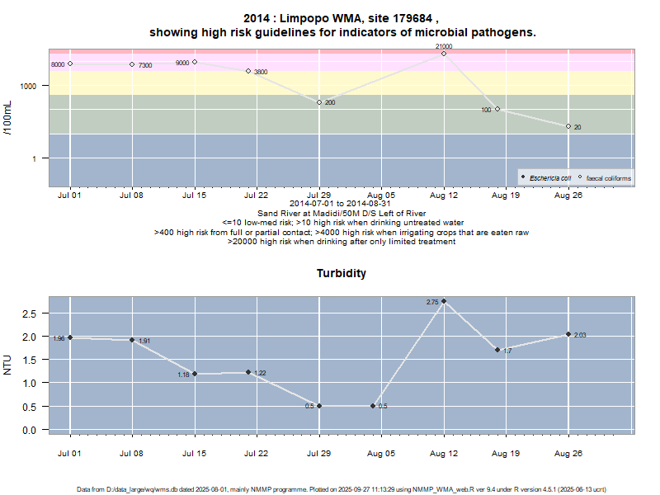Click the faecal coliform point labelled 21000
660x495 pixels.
pyautogui.click(x=444, y=54)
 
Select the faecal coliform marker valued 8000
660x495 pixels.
pyautogui.click(x=70, y=64)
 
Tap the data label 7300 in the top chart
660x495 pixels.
pyautogui.click(x=145, y=65)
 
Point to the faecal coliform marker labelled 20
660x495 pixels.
pyautogui.click(x=568, y=126)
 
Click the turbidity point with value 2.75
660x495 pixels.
pyautogui.click(x=444, y=301)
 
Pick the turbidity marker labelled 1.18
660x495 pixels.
pyautogui.click(x=195, y=374)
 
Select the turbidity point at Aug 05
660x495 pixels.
pyautogui.click(x=373, y=406)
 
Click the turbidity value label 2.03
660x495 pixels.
pyautogui.click(x=580, y=335)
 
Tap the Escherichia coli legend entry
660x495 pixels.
pyautogui.click(x=545, y=177)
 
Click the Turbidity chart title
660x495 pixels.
pyautogui.click(x=341, y=273)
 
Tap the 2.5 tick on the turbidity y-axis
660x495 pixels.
pyautogui.click(x=29, y=313)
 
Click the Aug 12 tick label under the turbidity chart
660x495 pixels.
pyautogui.click(x=444, y=453)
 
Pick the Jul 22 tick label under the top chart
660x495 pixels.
pyautogui.click(x=257, y=196)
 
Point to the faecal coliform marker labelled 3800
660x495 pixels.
pyautogui.click(x=247, y=71)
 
